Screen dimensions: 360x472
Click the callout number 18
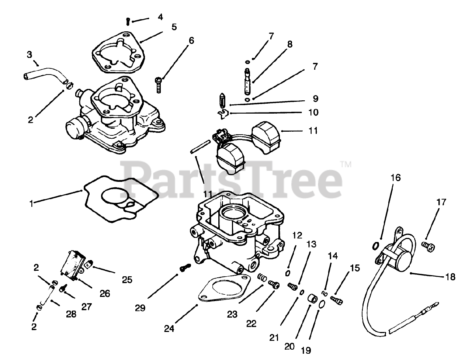pos(450,277)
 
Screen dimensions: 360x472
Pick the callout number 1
pos(32,203)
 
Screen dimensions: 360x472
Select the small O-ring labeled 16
pos(375,245)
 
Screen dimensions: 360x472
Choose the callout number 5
pos(174,27)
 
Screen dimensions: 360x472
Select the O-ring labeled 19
pos(322,304)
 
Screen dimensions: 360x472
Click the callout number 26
pos(105,294)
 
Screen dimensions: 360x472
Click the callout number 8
pos(289,44)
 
